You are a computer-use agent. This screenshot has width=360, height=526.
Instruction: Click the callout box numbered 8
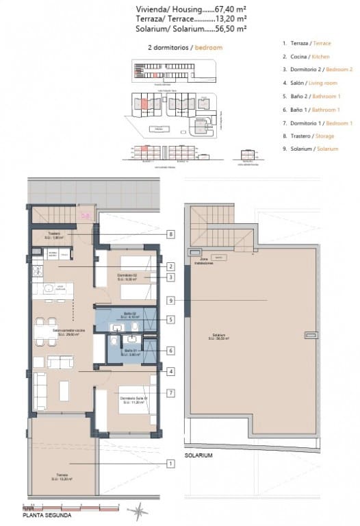point(170,234)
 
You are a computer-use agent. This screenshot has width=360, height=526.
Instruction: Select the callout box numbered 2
point(170,266)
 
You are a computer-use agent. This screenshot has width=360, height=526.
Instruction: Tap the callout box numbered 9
point(170,299)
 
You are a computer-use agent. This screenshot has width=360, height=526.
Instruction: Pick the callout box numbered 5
point(170,318)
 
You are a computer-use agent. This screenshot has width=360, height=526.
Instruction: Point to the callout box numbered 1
point(170,464)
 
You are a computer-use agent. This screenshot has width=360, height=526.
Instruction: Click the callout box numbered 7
point(170,392)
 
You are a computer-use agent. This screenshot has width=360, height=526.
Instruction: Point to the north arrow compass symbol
point(140,510)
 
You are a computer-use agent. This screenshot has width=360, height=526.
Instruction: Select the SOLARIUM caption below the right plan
point(198,455)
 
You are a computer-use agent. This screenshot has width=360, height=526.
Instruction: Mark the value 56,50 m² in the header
point(231,29)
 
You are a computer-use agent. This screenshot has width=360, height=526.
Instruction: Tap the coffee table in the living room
point(64,390)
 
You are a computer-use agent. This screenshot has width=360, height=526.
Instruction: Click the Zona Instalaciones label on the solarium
point(203,261)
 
